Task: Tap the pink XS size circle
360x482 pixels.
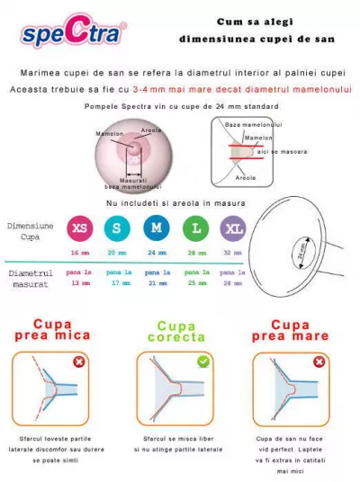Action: click(80, 228)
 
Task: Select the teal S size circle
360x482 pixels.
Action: click(117, 228)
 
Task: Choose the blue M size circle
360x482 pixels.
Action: click(157, 228)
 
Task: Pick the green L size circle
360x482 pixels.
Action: click(196, 228)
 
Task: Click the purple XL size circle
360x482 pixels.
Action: click(233, 228)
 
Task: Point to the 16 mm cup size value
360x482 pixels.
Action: click(80, 254)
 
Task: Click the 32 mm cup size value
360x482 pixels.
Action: click(233, 254)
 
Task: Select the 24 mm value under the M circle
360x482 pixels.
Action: click(157, 254)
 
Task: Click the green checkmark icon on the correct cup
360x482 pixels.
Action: click(203, 361)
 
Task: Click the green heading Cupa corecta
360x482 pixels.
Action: click(175, 332)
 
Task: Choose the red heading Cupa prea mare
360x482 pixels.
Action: click(290, 330)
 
